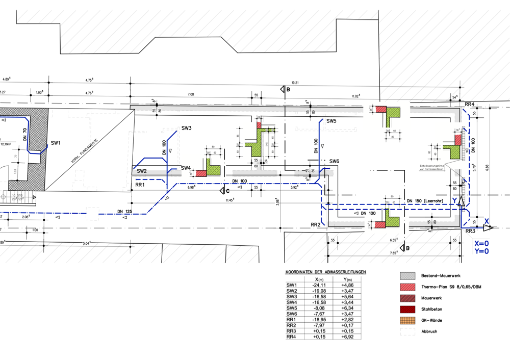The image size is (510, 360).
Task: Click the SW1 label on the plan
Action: (56, 143)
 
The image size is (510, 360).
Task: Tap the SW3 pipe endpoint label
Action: (186, 128)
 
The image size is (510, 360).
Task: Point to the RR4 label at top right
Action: (470, 104)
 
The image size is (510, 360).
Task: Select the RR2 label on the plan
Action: (315, 224)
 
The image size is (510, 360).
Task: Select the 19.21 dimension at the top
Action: (295, 83)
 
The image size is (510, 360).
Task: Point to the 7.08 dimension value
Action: (191, 94)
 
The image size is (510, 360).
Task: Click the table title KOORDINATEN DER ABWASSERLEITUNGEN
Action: (326, 272)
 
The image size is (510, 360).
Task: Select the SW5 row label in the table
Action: (292, 308)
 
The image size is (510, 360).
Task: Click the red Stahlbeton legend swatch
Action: (407, 309)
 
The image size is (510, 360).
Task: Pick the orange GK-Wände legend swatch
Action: (407, 320)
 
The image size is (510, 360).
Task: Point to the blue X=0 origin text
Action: (481, 243)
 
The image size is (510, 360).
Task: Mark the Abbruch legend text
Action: (429, 331)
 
